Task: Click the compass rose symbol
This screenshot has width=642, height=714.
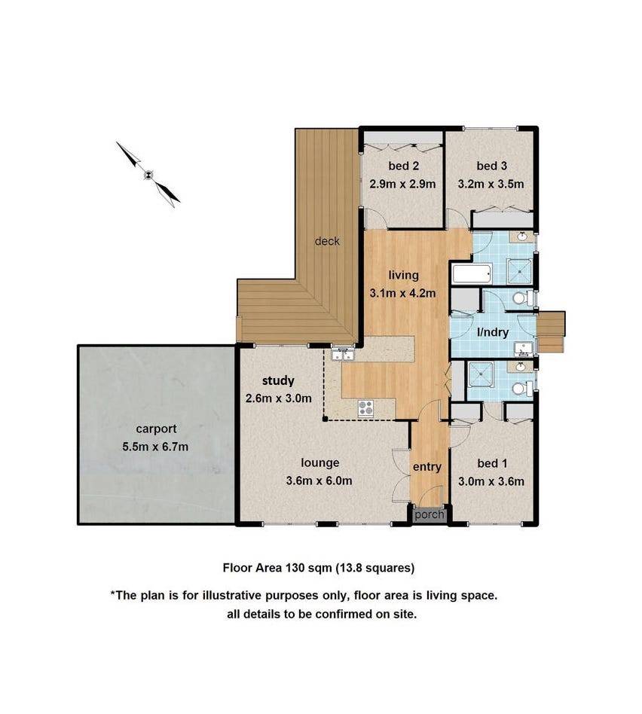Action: (x=149, y=175)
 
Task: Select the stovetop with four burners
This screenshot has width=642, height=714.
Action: (x=365, y=407)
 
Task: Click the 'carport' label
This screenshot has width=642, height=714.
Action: (x=156, y=429)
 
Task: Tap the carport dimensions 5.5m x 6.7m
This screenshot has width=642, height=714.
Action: (x=157, y=447)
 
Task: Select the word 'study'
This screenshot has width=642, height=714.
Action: (x=278, y=380)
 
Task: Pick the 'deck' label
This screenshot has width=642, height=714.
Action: (x=327, y=241)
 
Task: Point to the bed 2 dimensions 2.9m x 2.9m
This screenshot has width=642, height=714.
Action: (x=403, y=183)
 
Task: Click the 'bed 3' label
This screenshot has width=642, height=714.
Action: (x=491, y=166)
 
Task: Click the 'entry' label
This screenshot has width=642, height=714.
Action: (x=426, y=467)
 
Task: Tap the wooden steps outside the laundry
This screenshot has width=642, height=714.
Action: (x=552, y=331)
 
